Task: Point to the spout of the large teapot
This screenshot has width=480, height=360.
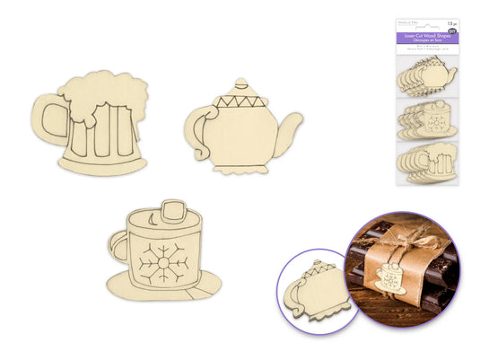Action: (x=289, y=131)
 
